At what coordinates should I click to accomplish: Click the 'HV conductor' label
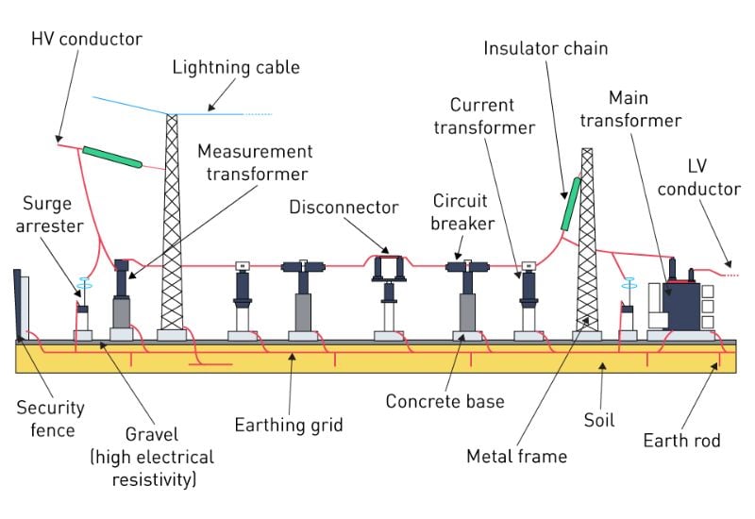pyautogui.click(x=86, y=39)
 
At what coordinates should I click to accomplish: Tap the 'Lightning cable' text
pyautogui.click(x=235, y=67)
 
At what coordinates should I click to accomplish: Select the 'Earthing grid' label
pyautogui.click(x=289, y=425)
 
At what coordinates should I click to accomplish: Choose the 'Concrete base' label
pyautogui.click(x=445, y=401)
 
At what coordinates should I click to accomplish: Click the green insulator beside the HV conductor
pyautogui.click(x=111, y=157)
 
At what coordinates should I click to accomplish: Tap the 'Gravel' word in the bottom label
pyautogui.click(x=150, y=437)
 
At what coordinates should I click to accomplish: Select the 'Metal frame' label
pyautogui.click(x=517, y=457)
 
